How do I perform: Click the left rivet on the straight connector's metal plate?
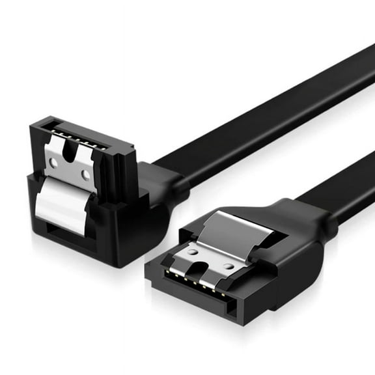192,251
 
